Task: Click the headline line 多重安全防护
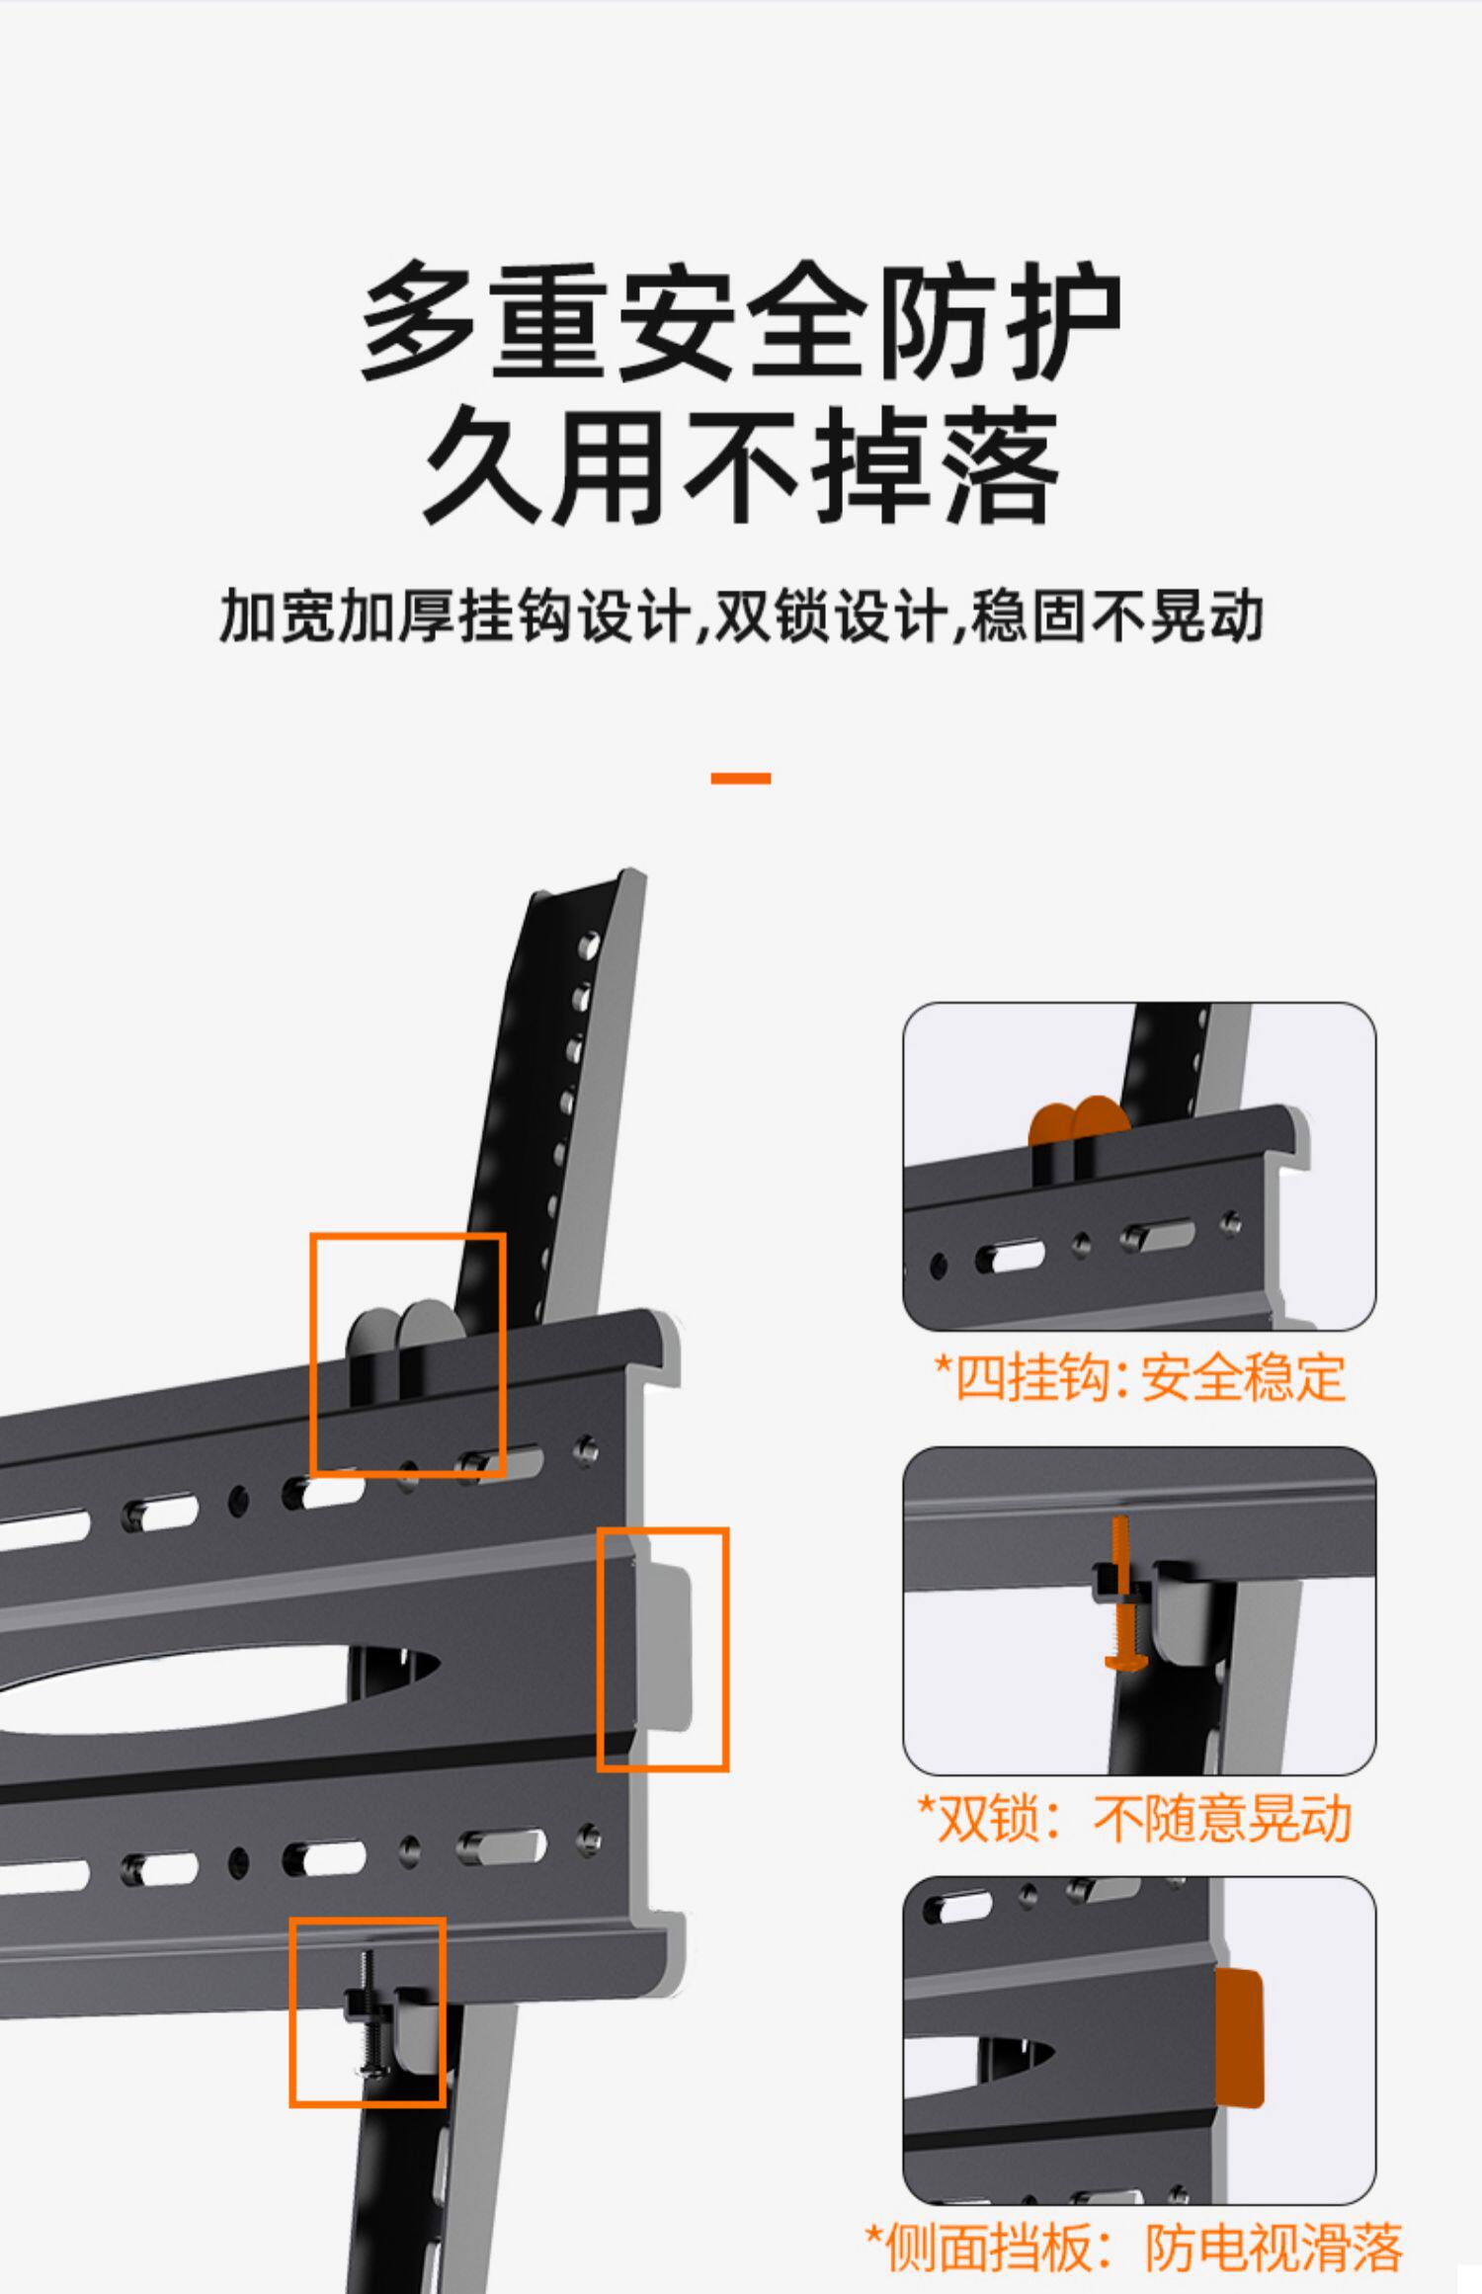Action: (x=741, y=321)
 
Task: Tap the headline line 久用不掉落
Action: (x=741, y=464)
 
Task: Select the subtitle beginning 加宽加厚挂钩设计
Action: (x=741, y=615)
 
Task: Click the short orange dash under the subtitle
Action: (x=741, y=778)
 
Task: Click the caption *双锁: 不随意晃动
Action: (x=1134, y=1818)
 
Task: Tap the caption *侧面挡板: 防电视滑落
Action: (x=1134, y=2248)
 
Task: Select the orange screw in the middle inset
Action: (x=1120, y=1591)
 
